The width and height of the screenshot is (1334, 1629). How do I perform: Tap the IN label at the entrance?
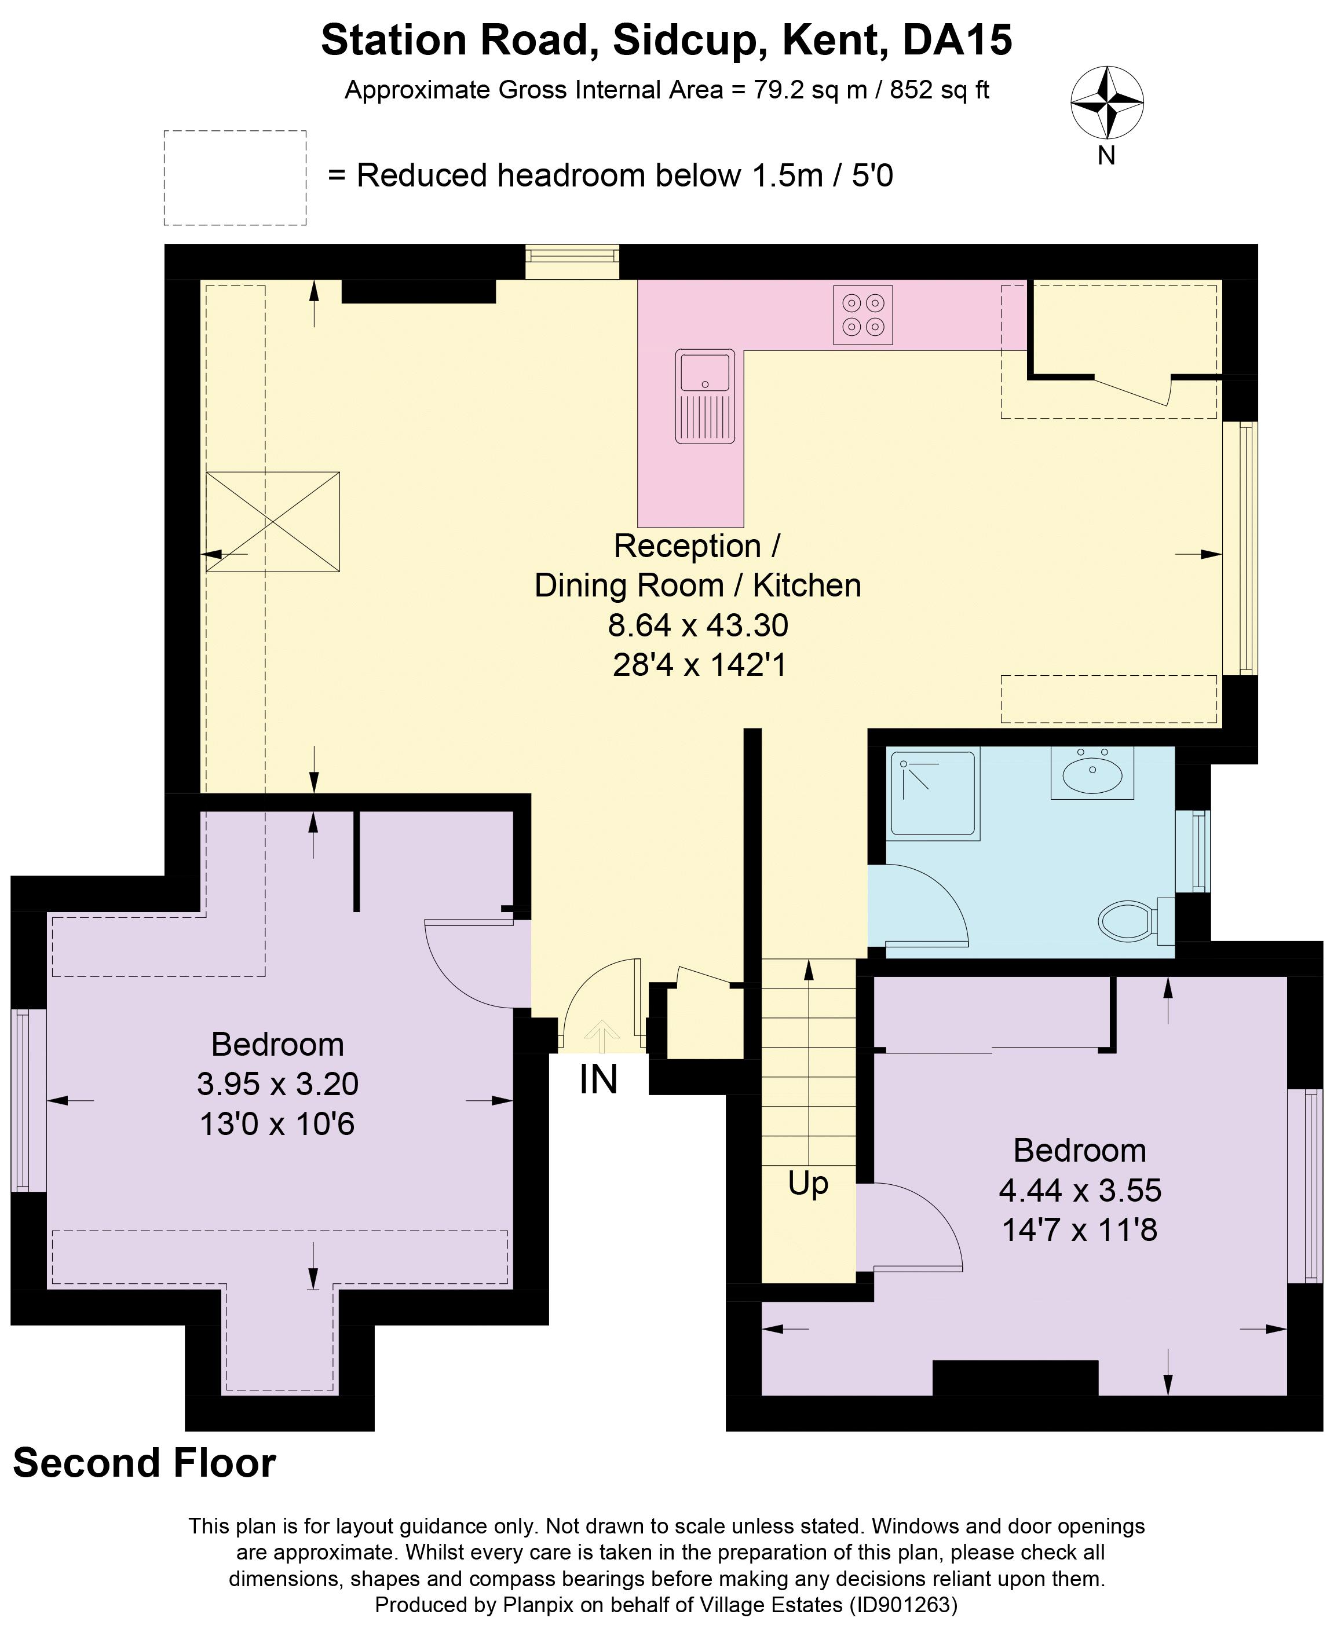[x=598, y=1080]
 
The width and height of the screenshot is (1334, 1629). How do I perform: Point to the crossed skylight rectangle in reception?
[x=273, y=522]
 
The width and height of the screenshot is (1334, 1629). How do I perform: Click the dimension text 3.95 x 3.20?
[x=277, y=1083]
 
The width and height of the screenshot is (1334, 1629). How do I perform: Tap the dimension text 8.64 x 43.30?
[x=698, y=625]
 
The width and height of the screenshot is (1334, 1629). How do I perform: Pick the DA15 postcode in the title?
[x=957, y=40]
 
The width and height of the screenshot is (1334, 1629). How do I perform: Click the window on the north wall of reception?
[x=572, y=262]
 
